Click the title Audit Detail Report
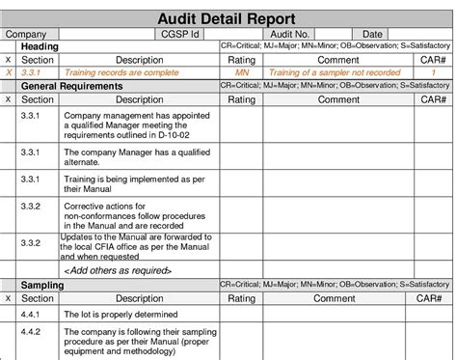[x=228, y=16]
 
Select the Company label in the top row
[x=27, y=35]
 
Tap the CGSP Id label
[x=181, y=35]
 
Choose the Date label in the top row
[x=372, y=35]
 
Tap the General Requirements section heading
[x=72, y=86]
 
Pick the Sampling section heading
[x=43, y=287]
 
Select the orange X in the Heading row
[x=9, y=72]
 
